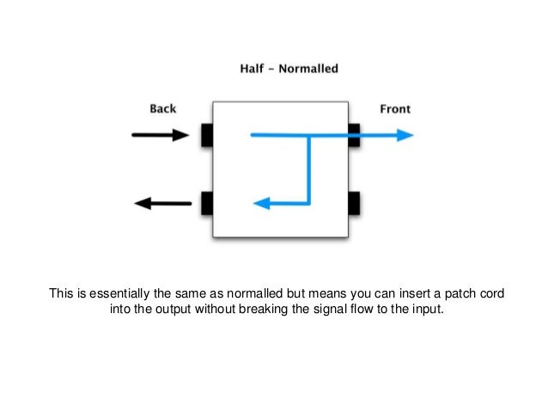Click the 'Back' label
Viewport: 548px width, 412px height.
pos(162,108)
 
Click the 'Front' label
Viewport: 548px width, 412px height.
pos(395,108)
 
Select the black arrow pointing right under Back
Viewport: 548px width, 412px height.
pos(160,135)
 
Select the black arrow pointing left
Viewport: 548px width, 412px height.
pos(163,204)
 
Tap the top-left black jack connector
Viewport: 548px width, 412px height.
pos(206,135)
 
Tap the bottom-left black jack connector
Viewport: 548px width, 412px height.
pos(206,204)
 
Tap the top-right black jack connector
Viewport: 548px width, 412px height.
pos(354,135)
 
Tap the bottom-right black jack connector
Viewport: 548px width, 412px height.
pos(354,204)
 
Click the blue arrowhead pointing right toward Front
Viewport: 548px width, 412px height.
pos(405,135)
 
